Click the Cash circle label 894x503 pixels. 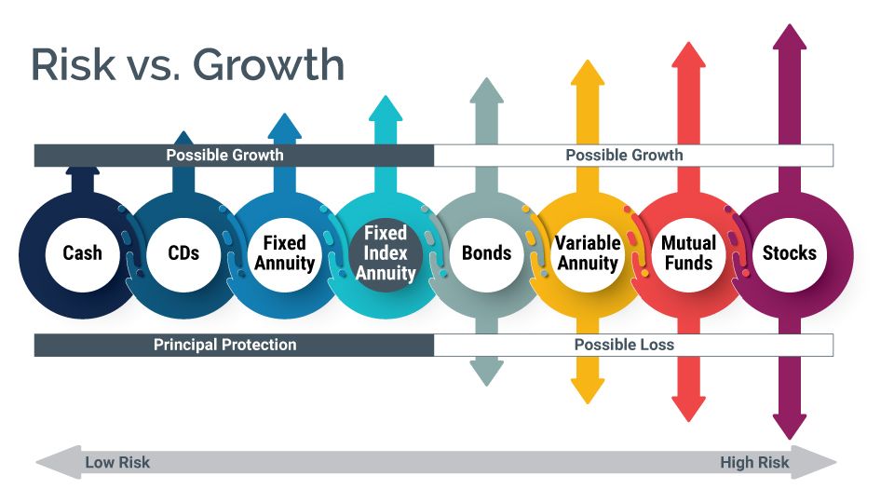tap(83, 252)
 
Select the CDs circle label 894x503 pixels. tap(183, 252)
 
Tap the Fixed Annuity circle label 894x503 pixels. tap(284, 252)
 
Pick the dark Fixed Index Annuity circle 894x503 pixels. tap(386, 252)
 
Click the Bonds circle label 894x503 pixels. tap(486, 252)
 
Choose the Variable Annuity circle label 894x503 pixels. tap(587, 252)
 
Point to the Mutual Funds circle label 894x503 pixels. tap(688, 252)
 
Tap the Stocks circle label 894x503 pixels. tap(789, 252)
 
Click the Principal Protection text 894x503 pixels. tap(224, 345)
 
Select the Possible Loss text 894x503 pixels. tap(624, 345)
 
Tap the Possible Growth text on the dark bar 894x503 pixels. tap(224, 155)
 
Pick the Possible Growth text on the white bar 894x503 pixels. tap(624, 155)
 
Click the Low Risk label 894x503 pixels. tap(117, 462)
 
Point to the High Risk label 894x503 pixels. tap(754, 462)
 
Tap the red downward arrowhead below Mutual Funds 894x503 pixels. tap(688, 407)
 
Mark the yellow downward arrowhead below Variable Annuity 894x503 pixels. tap(587, 390)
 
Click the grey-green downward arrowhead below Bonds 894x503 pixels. tap(486, 373)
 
